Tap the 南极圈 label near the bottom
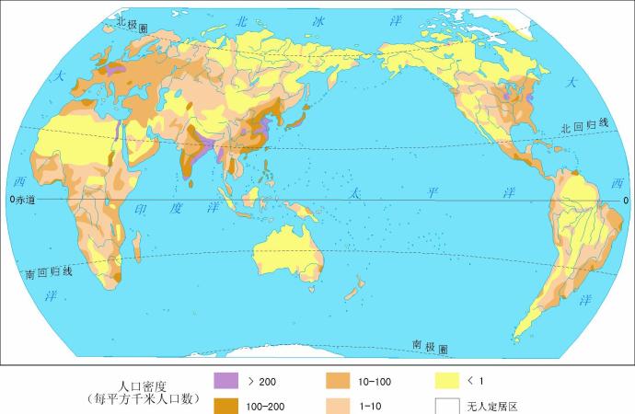[x=430, y=347]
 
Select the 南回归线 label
[x=49, y=272]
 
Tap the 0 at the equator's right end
[x=626, y=199]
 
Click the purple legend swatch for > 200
[x=225, y=379]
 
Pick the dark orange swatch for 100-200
[x=225, y=405]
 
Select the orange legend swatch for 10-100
[x=338, y=379]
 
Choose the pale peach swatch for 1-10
[x=338, y=405]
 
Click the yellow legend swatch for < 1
[x=447, y=379]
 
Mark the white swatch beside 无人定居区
[x=447, y=405]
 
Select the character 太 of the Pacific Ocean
[x=354, y=194]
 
